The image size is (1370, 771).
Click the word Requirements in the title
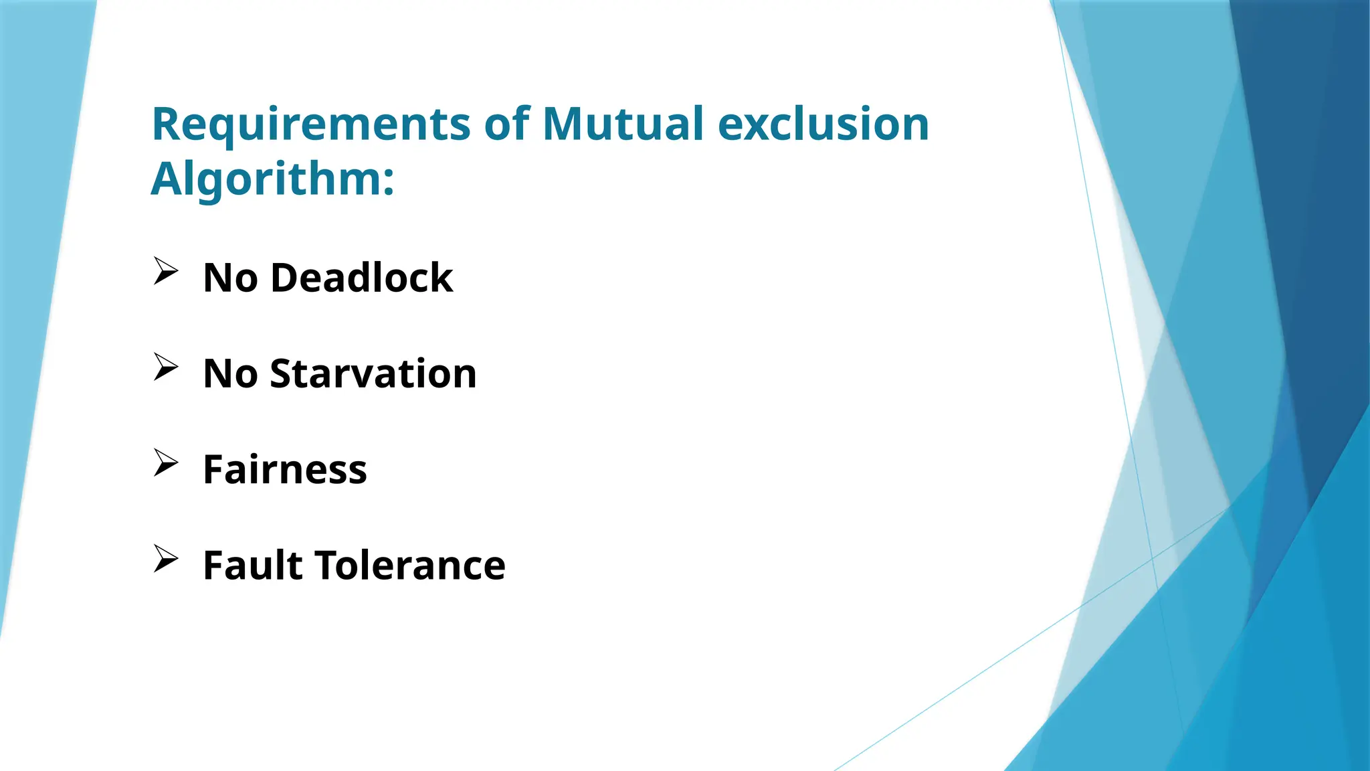click(x=312, y=125)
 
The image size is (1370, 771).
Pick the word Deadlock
click(x=362, y=278)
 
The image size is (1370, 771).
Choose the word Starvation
click(x=373, y=373)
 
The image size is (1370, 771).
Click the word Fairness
click(x=285, y=469)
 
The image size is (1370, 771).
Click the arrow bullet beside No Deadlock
click(x=165, y=271)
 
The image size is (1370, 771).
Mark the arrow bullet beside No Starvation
click(x=165, y=367)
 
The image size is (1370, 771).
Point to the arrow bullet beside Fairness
click(x=165, y=462)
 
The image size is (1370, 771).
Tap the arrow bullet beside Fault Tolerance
click(x=165, y=558)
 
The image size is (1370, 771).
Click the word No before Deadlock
click(x=230, y=278)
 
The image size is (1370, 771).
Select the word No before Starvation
click(x=230, y=373)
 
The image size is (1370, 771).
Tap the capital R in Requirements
click(x=167, y=124)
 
